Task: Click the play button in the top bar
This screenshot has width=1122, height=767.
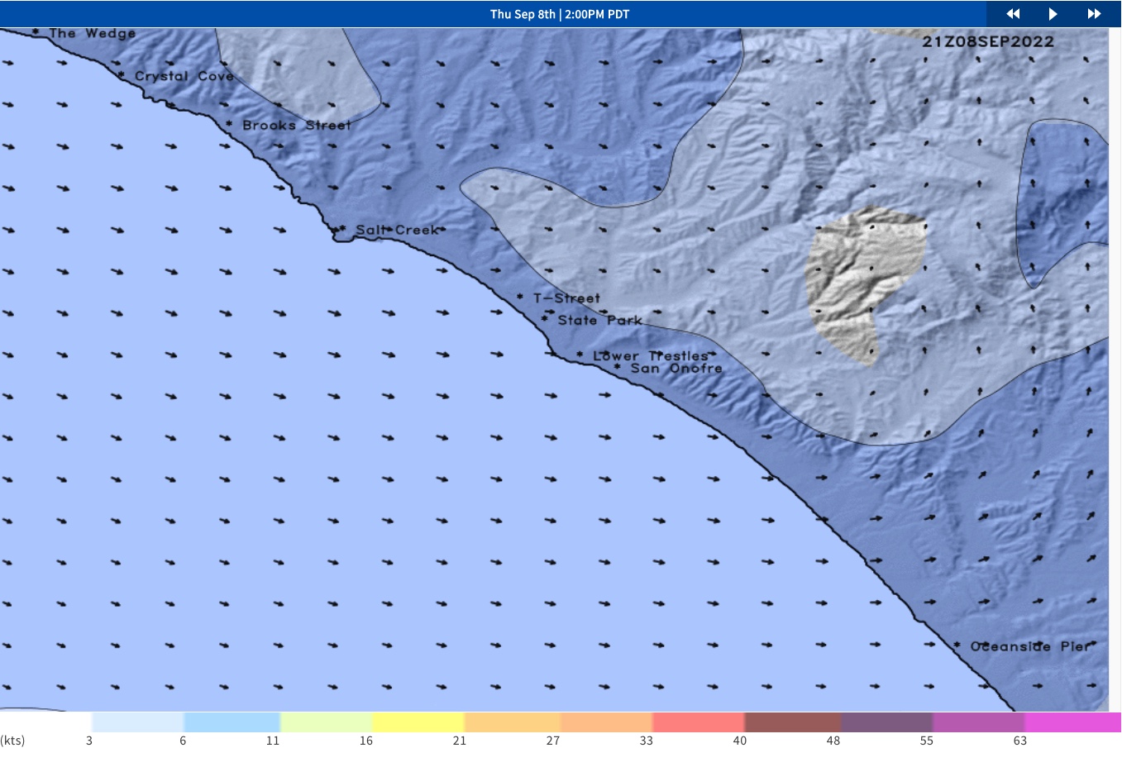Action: coord(1053,14)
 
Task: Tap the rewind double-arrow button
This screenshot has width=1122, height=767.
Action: coord(1013,14)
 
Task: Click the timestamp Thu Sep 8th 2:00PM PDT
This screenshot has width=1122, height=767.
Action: coord(560,14)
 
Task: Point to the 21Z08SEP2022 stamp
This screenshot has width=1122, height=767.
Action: coord(988,42)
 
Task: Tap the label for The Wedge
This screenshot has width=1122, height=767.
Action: coord(92,34)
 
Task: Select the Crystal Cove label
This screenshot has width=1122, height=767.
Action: coord(184,76)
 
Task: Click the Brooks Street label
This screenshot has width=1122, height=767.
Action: coord(296,126)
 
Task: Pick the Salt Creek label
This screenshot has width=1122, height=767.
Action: coord(397,230)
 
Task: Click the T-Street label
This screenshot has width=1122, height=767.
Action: coord(566,298)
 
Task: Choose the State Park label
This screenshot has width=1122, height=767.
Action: coord(599,321)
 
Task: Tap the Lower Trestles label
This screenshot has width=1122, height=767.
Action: coord(650,356)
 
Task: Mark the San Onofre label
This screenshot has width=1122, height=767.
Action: coord(676,369)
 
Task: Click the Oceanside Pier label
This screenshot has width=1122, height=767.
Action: coord(1030,646)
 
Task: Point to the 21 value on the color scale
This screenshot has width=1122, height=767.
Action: coord(460,741)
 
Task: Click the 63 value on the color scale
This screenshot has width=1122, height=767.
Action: coord(1020,741)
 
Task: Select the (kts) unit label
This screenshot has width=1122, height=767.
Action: coord(13,741)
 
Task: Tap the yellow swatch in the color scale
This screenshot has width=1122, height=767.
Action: coord(418,722)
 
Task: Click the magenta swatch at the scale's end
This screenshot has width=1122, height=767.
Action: coord(1072,722)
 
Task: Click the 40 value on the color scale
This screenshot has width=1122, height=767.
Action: coord(740,741)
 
